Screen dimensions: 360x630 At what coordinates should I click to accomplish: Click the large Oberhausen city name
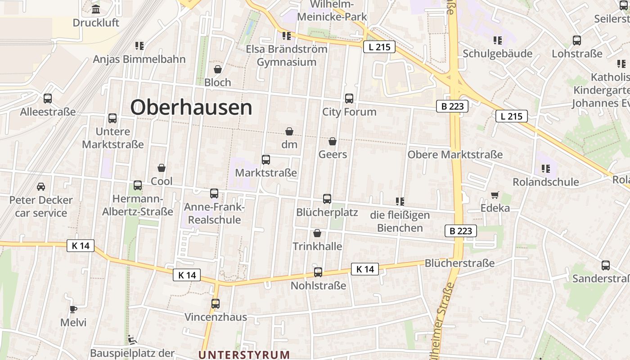[x=191, y=108]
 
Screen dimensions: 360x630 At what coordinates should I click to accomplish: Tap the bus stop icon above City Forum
[x=349, y=99]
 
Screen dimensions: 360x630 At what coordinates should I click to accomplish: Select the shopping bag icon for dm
[x=289, y=131]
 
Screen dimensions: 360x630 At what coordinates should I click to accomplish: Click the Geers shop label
[x=333, y=154]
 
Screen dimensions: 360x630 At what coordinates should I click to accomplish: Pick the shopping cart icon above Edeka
[x=495, y=195]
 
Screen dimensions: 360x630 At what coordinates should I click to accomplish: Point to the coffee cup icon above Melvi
[x=73, y=309]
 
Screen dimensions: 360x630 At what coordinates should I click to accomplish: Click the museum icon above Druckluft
[x=96, y=9]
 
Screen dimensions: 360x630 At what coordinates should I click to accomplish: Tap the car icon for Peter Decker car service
[x=41, y=186]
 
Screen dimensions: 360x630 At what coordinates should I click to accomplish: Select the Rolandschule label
[x=546, y=182]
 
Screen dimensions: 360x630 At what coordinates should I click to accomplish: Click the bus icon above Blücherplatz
[x=327, y=198]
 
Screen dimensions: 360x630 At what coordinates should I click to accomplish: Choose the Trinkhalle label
[x=317, y=246]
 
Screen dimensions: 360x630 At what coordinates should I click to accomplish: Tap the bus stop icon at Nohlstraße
[x=318, y=272]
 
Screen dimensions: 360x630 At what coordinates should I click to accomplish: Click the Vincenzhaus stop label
[x=216, y=317]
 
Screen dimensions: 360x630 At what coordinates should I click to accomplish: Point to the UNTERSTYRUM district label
[x=244, y=355]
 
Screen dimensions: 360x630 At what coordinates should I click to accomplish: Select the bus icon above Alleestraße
[x=48, y=99]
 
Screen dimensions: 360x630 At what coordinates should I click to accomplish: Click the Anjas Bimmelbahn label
[x=139, y=59]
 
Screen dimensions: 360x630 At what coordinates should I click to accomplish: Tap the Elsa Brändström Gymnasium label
[x=287, y=55]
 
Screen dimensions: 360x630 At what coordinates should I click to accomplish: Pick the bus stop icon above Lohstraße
[x=577, y=40]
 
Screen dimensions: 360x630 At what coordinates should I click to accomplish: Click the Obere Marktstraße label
[x=455, y=155]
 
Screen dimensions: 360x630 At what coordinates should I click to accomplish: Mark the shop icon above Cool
[x=162, y=168]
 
